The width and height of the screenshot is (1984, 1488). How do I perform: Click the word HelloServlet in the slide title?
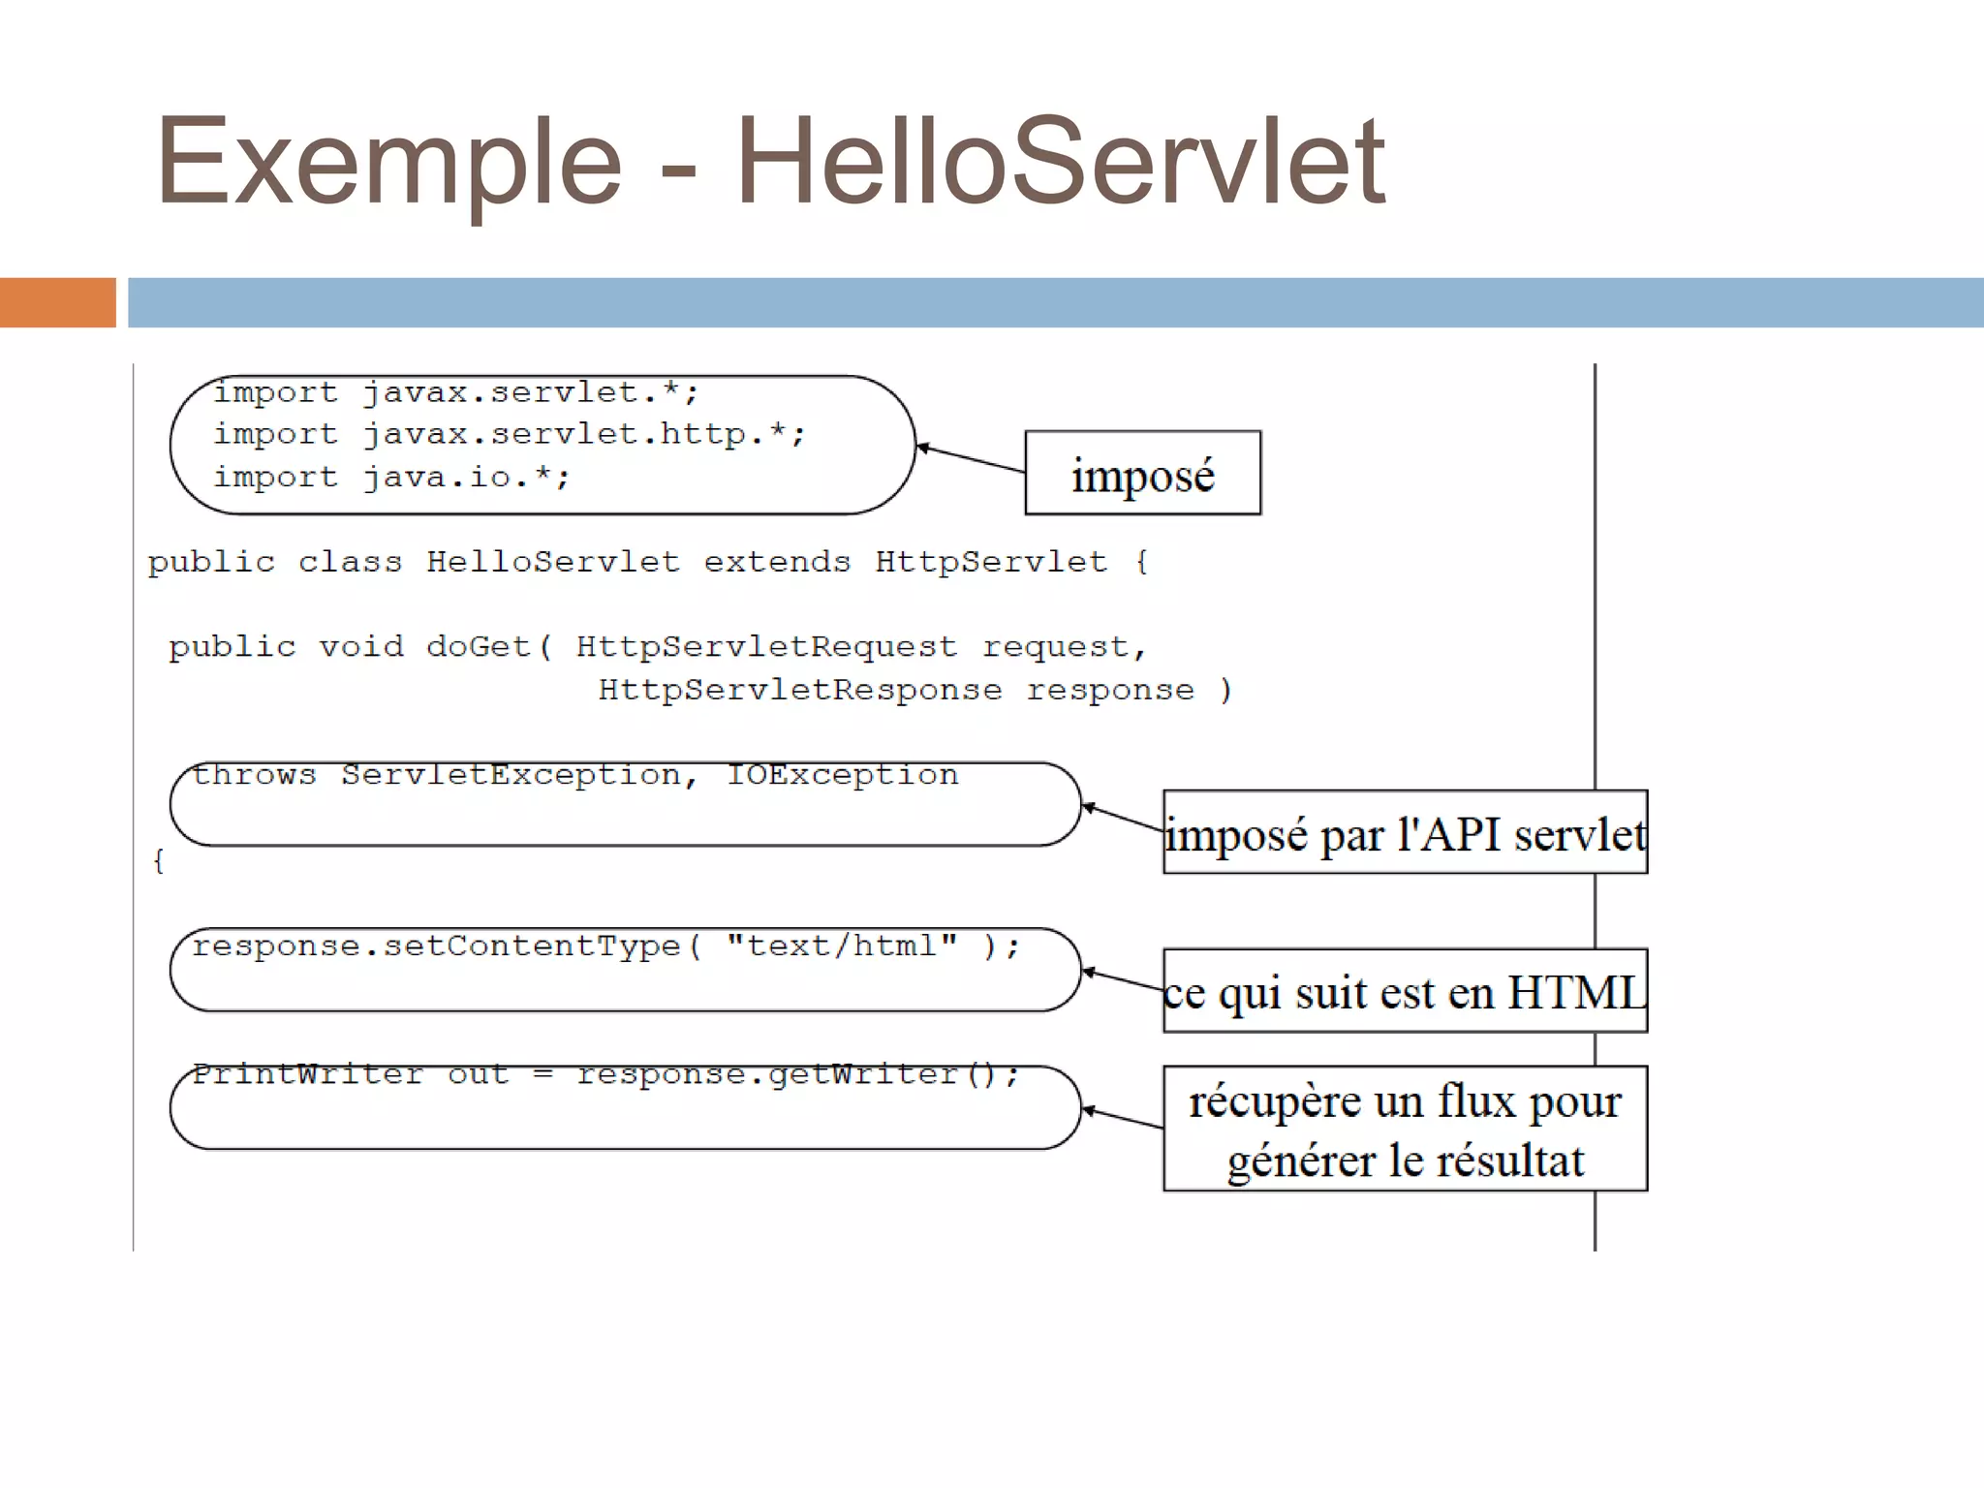pyautogui.click(x=1061, y=162)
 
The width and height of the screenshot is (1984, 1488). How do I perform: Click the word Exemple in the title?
pyautogui.click(x=388, y=162)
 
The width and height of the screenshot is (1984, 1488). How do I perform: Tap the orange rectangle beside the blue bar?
pyautogui.click(x=57, y=302)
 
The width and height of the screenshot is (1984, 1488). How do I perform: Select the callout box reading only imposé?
pyautogui.click(x=1143, y=474)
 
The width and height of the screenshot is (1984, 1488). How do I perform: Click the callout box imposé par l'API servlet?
pyautogui.click(x=1405, y=833)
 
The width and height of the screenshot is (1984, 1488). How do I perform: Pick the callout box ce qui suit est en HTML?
pyautogui.click(x=1405, y=991)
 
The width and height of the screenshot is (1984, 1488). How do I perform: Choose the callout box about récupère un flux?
pyautogui.click(x=1405, y=1129)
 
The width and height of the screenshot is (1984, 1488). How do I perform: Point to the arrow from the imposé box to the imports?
pyautogui.click(x=971, y=459)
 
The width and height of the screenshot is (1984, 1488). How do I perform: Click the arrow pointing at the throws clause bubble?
pyautogui.click(x=1122, y=819)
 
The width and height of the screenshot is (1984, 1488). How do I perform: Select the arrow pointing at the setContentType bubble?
pyautogui.click(x=1122, y=980)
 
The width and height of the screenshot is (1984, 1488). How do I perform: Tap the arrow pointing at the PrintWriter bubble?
pyautogui.click(x=1122, y=1119)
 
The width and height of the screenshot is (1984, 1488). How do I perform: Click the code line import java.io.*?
pyautogui.click(x=391, y=478)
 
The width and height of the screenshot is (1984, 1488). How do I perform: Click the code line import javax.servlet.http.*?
pyautogui.click(x=509, y=435)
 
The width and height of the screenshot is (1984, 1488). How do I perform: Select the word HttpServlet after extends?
pyautogui.click(x=990, y=563)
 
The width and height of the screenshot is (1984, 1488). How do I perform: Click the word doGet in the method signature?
pyautogui.click(x=479, y=647)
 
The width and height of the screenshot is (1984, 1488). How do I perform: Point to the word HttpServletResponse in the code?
pyautogui.click(x=800, y=691)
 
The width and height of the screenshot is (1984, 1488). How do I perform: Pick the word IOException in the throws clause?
pyautogui.click(x=842, y=776)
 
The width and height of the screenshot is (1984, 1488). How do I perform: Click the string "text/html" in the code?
pyautogui.click(x=842, y=945)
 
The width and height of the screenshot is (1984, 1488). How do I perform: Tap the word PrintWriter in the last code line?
pyautogui.click(x=308, y=1074)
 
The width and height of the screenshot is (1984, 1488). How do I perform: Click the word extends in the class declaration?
pyautogui.click(x=777, y=563)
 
